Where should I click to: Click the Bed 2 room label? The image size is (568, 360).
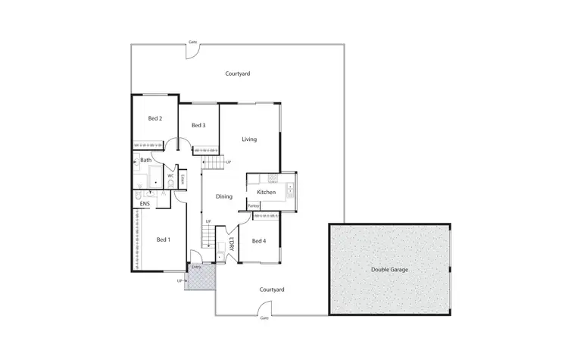click(155, 119)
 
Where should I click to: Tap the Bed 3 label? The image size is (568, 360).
click(198, 125)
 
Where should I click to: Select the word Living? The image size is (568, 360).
click(249, 139)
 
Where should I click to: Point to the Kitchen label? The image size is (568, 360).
click(266, 193)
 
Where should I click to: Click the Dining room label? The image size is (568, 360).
click(224, 197)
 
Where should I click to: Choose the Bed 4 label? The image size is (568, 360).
click(259, 241)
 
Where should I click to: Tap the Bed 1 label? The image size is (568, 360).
click(163, 239)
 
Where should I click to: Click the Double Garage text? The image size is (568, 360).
click(389, 270)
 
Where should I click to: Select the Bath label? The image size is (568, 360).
click(145, 160)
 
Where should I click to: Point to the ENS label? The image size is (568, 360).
click(145, 203)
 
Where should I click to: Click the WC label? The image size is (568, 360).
click(170, 176)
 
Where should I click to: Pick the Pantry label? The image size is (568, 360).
click(253, 205)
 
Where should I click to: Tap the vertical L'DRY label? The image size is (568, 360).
click(231, 245)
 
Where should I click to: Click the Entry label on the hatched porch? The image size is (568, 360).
click(196, 268)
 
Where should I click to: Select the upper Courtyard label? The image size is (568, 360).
click(238, 74)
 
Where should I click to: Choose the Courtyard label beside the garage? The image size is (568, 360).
click(271, 290)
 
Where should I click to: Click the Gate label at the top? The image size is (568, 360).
click(193, 42)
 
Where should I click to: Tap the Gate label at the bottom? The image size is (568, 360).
click(264, 318)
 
